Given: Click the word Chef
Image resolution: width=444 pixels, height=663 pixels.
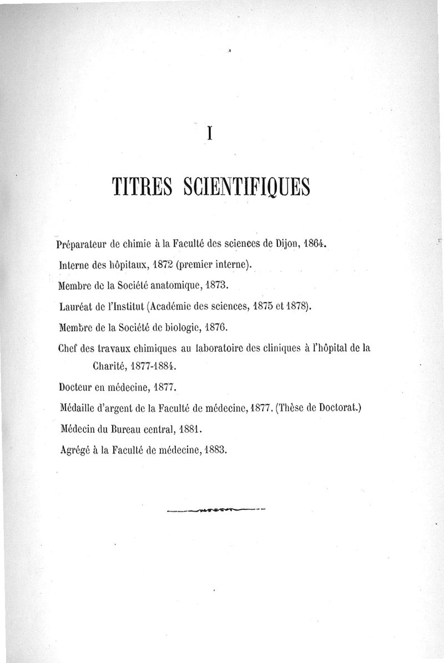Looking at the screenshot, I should point(68,350).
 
